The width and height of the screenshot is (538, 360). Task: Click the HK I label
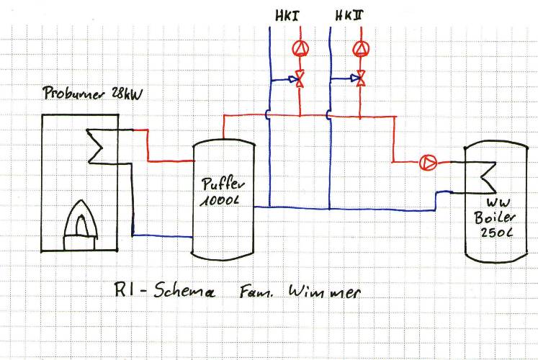click(x=287, y=16)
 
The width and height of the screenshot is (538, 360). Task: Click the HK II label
click(x=349, y=15)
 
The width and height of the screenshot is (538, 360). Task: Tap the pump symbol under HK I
click(x=300, y=49)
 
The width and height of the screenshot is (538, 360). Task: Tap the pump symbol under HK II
click(x=361, y=49)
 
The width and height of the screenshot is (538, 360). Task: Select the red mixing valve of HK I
click(x=300, y=79)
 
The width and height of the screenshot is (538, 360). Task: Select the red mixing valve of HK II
click(x=361, y=78)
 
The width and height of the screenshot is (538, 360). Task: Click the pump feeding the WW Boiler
click(x=429, y=162)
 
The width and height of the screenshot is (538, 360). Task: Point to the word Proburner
click(x=73, y=93)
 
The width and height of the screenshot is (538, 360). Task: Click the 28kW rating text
click(x=127, y=94)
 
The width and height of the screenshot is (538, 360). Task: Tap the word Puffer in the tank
click(x=223, y=184)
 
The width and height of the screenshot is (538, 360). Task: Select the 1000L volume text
click(x=220, y=201)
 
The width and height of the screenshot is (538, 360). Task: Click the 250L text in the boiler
click(x=496, y=233)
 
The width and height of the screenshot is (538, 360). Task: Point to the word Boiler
click(x=495, y=217)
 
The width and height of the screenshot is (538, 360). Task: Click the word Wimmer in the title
click(x=325, y=292)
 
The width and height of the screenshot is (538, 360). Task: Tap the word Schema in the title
click(x=184, y=291)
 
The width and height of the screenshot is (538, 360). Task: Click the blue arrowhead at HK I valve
click(x=293, y=79)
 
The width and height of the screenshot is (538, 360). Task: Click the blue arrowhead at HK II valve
click(x=354, y=78)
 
